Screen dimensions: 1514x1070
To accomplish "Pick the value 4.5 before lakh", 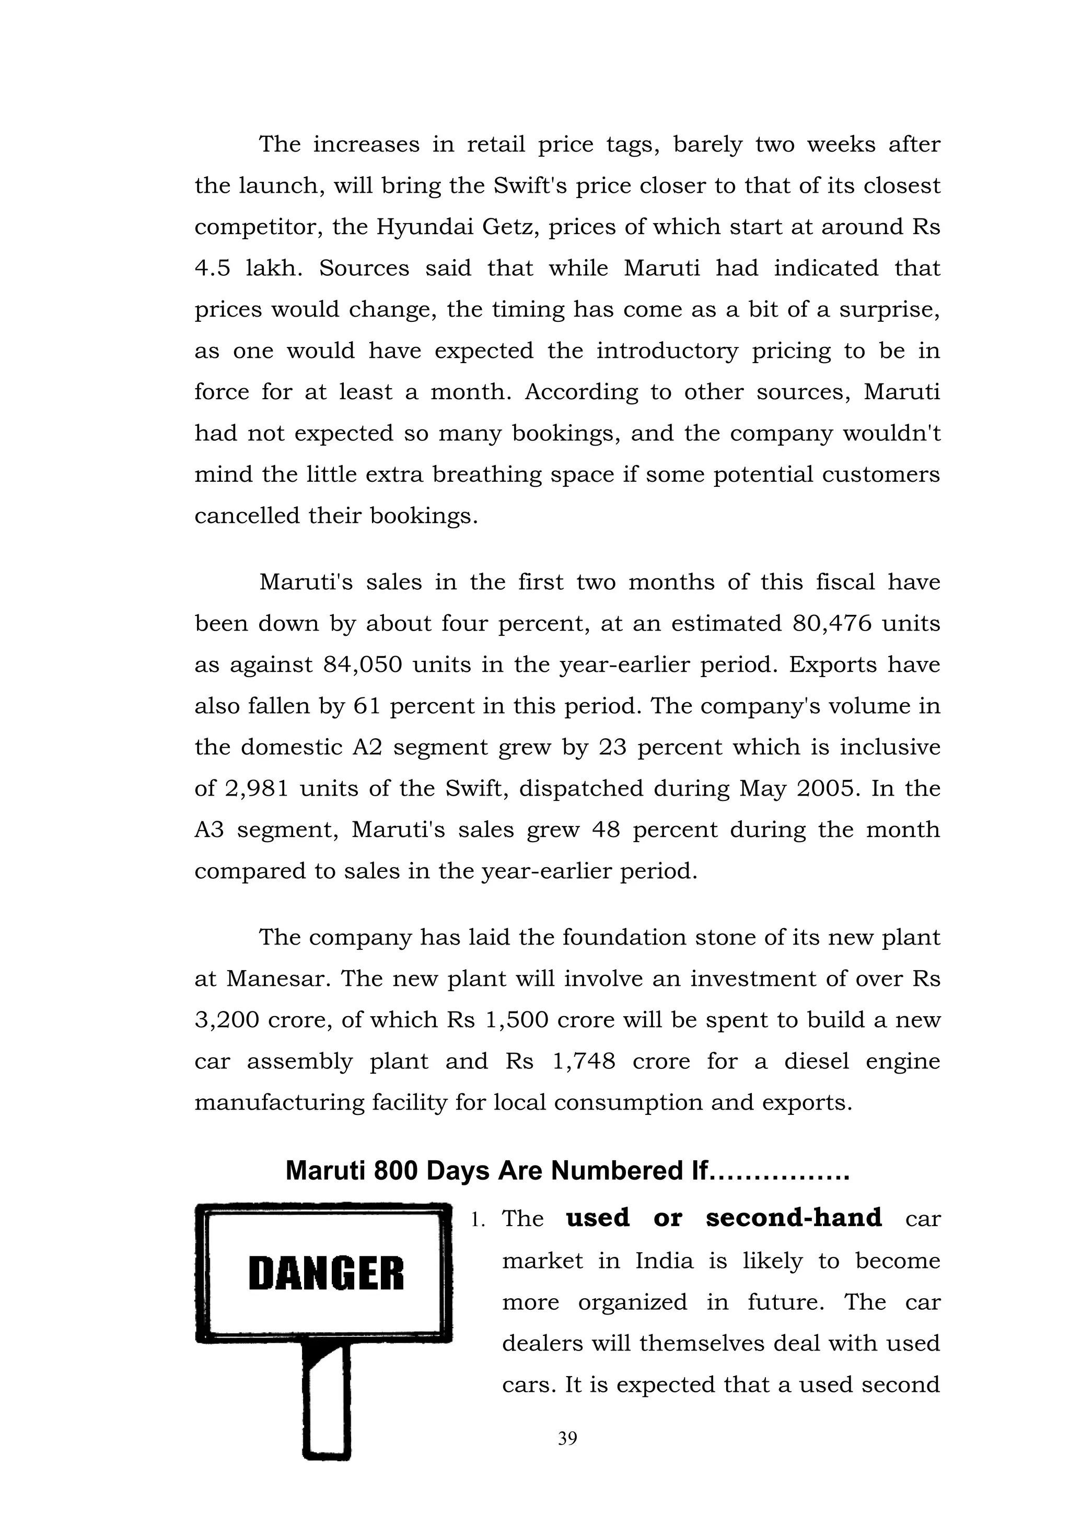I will pos(212,269).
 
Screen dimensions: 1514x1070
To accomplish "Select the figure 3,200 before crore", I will pos(227,1020).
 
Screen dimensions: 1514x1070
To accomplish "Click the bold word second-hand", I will pos(793,1218).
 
